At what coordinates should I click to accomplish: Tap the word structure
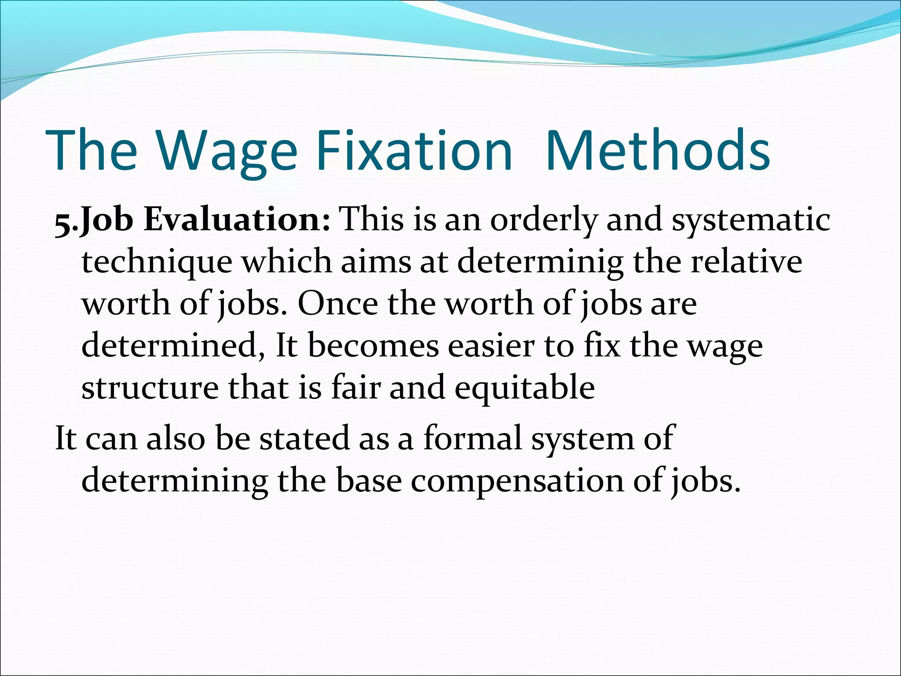pos(150,388)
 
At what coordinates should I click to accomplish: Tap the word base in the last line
pos(369,481)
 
